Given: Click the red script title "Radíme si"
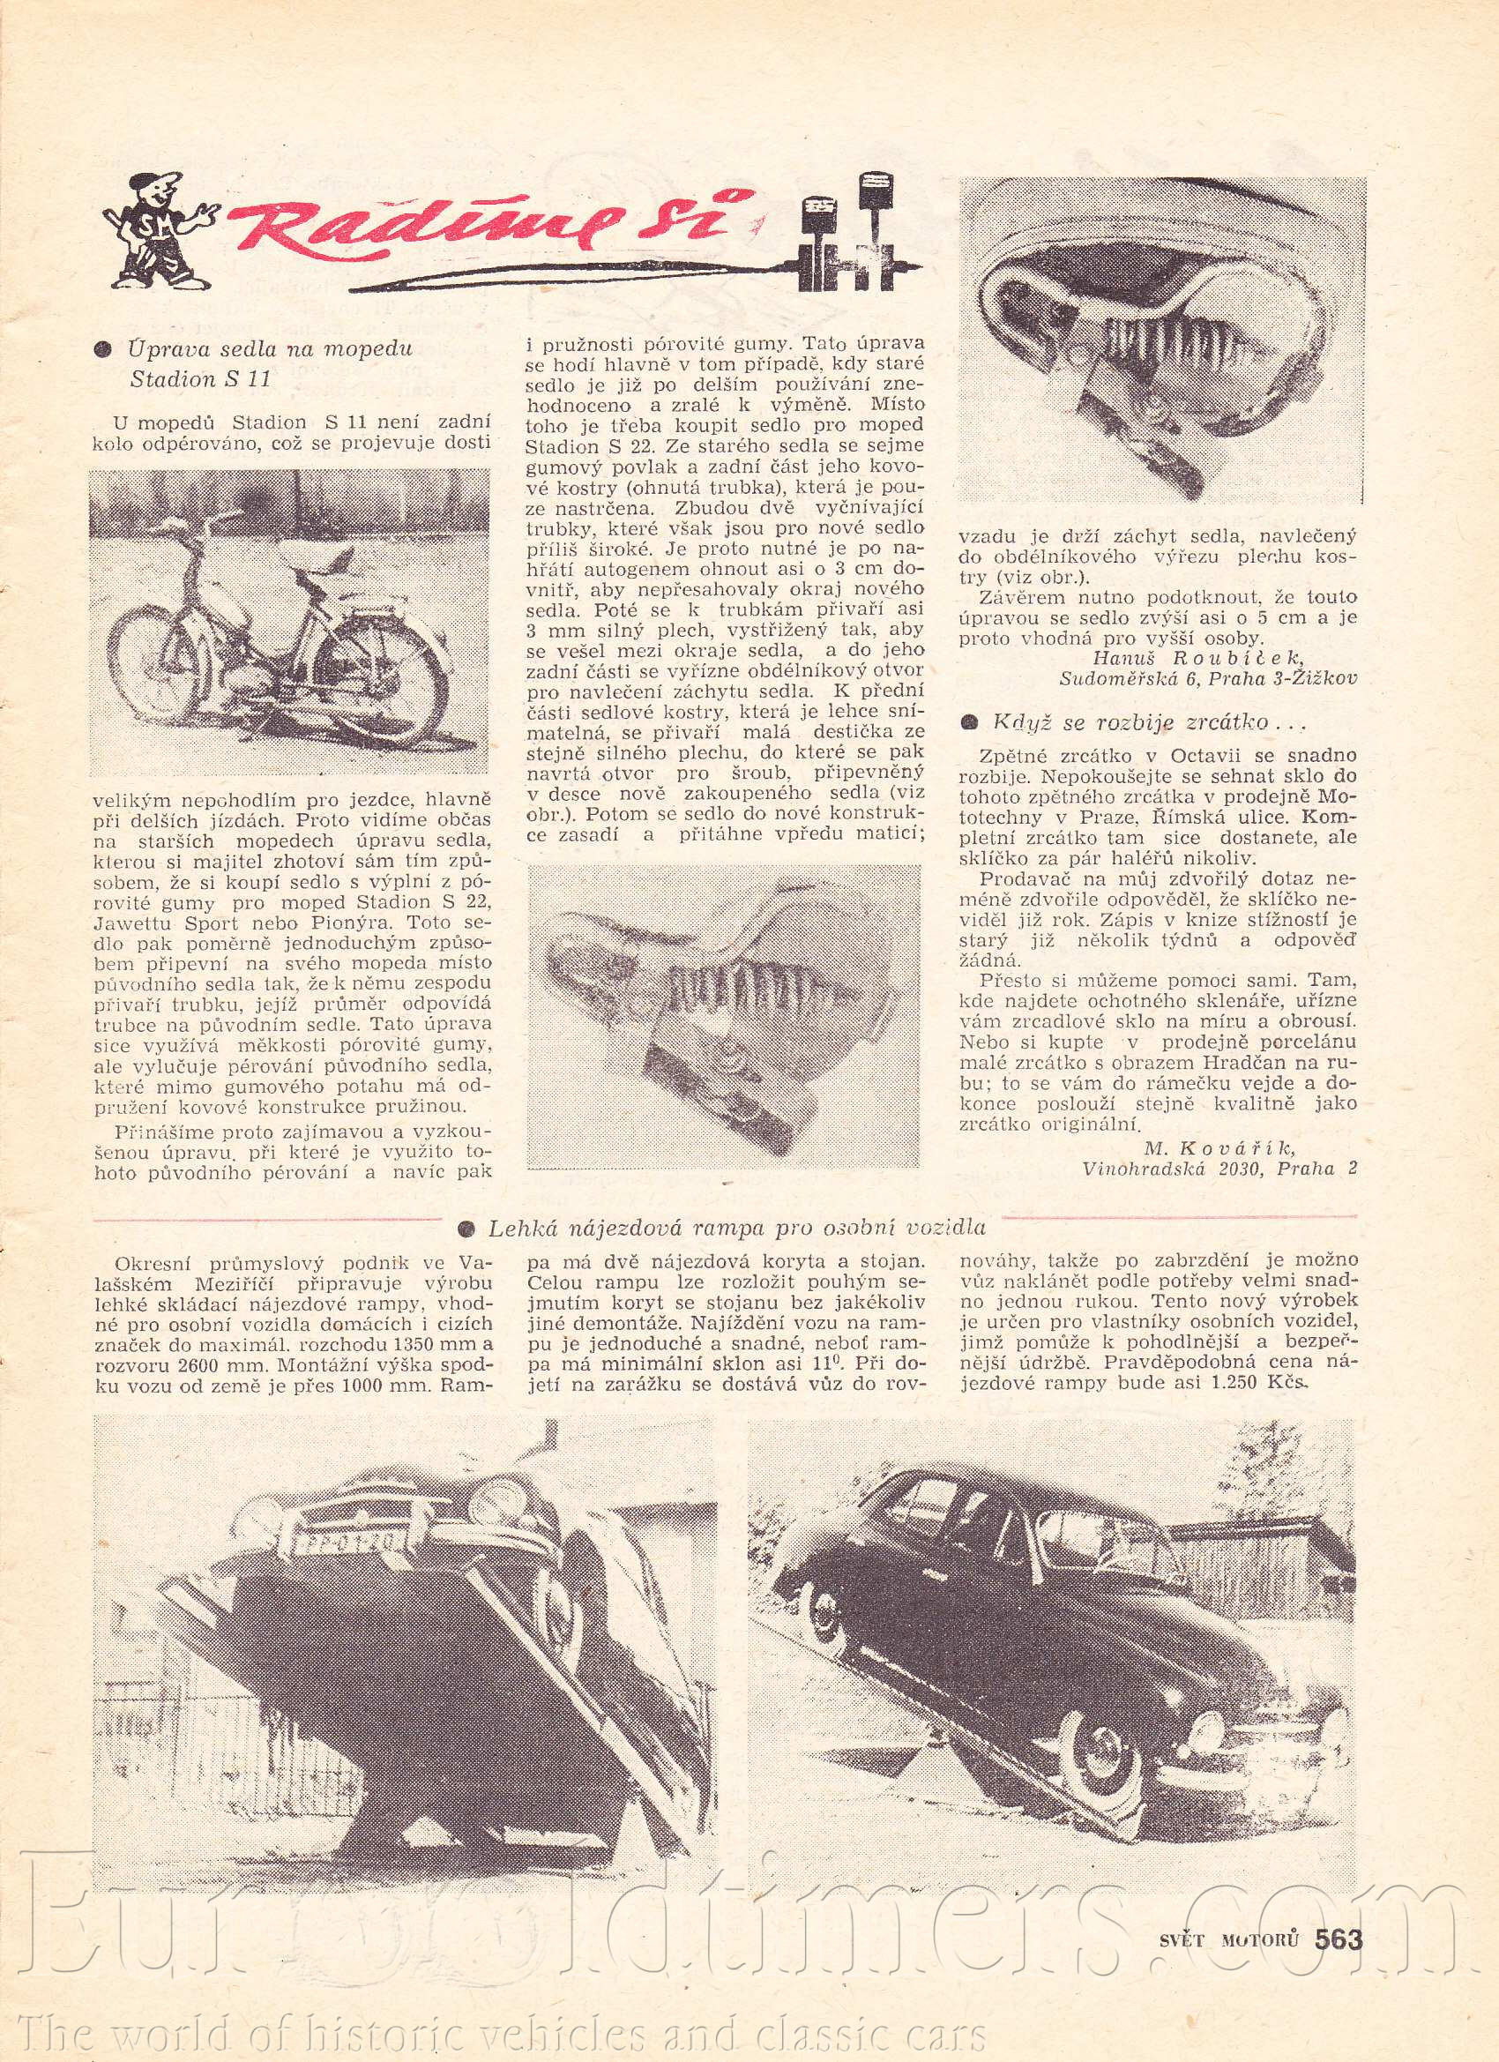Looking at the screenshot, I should (x=491, y=228).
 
